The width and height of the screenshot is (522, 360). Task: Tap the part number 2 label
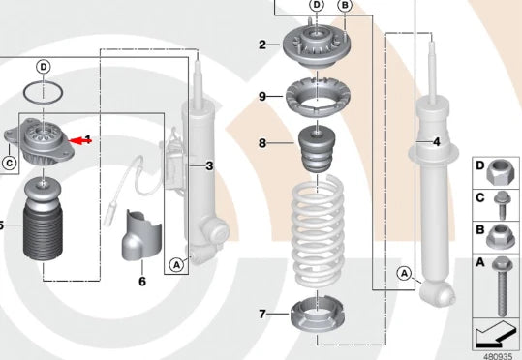261,45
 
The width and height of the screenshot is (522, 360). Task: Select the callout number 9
261,96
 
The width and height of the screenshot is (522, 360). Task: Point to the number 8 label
261,143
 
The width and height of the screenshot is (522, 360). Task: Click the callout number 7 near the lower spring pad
261,315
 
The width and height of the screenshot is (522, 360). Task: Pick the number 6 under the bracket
141,282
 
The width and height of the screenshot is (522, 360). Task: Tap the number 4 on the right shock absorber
437,142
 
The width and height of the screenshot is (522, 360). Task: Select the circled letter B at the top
344,6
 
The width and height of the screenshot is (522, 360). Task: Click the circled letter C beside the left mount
9,163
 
